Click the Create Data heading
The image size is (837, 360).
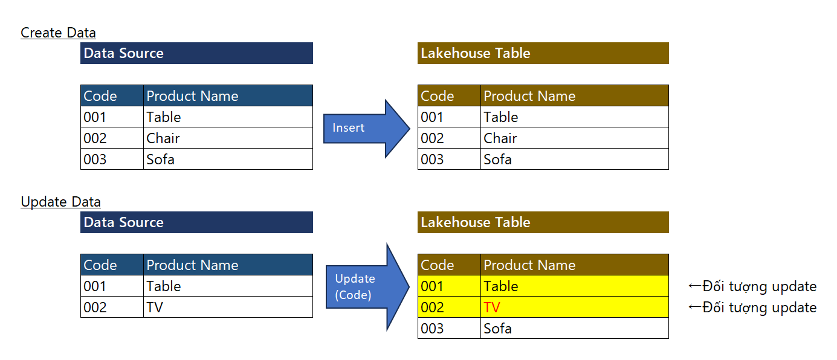(x=58, y=33)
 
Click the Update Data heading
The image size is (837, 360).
(x=60, y=202)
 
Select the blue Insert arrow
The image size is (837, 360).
(x=366, y=129)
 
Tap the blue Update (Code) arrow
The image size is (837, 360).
(x=367, y=287)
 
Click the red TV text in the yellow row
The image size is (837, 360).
(x=491, y=307)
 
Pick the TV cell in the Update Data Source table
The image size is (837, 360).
(x=228, y=307)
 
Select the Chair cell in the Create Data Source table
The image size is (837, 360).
(x=228, y=138)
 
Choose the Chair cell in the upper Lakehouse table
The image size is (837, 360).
(x=574, y=138)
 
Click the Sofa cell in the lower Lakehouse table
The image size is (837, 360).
(x=574, y=328)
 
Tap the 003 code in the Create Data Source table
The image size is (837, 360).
(x=112, y=159)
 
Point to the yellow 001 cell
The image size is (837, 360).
(x=449, y=286)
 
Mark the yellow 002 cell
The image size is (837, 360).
(x=449, y=307)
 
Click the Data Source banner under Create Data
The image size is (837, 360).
(x=196, y=53)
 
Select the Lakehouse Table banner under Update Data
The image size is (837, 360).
(x=543, y=222)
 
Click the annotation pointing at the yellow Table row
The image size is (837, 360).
(x=752, y=286)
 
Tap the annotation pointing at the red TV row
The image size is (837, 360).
(x=752, y=307)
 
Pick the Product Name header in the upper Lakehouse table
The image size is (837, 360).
(x=574, y=95)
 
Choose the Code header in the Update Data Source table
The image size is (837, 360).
(x=112, y=265)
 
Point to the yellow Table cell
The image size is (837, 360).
(x=574, y=286)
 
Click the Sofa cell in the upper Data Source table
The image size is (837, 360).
(x=228, y=159)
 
